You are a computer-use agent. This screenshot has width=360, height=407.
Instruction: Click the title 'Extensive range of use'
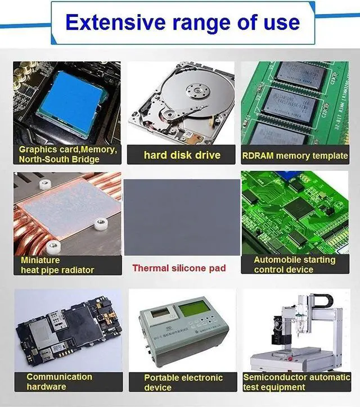tap(182, 22)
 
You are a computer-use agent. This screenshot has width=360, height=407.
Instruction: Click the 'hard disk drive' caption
tap(181, 155)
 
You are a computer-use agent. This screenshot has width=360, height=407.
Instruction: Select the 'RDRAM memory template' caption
tap(295, 155)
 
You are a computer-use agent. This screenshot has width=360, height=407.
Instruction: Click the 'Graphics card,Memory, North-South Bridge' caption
tap(67, 155)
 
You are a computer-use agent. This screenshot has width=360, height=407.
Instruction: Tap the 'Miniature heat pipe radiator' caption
tap(57, 265)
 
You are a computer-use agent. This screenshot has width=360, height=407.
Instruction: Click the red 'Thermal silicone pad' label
tap(179, 268)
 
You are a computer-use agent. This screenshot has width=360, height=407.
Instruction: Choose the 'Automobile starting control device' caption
tap(294, 265)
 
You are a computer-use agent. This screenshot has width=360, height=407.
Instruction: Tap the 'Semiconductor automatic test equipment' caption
tap(296, 382)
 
